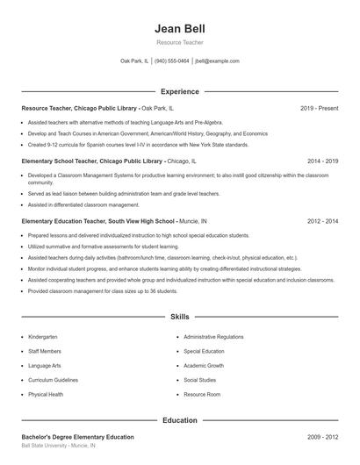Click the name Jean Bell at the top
(x=179, y=27)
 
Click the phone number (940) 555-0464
(x=172, y=61)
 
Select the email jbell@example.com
(x=217, y=61)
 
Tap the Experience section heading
(x=179, y=91)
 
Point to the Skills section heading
(x=179, y=316)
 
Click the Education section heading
(x=179, y=420)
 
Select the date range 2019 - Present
(x=319, y=108)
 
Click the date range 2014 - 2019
(x=322, y=161)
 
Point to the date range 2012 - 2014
(x=322, y=222)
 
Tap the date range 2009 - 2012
(x=322, y=436)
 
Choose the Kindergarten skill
(x=42, y=337)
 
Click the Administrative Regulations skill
(x=213, y=337)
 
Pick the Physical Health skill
(x=46, y=395)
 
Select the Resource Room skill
(x=202, y=395)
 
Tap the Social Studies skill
(x=200, y=380)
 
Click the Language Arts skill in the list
(x=45, y=366)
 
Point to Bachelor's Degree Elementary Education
(x=77, y=436)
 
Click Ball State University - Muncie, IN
(x=59, y=447)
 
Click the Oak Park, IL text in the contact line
(x=134, y=61)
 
